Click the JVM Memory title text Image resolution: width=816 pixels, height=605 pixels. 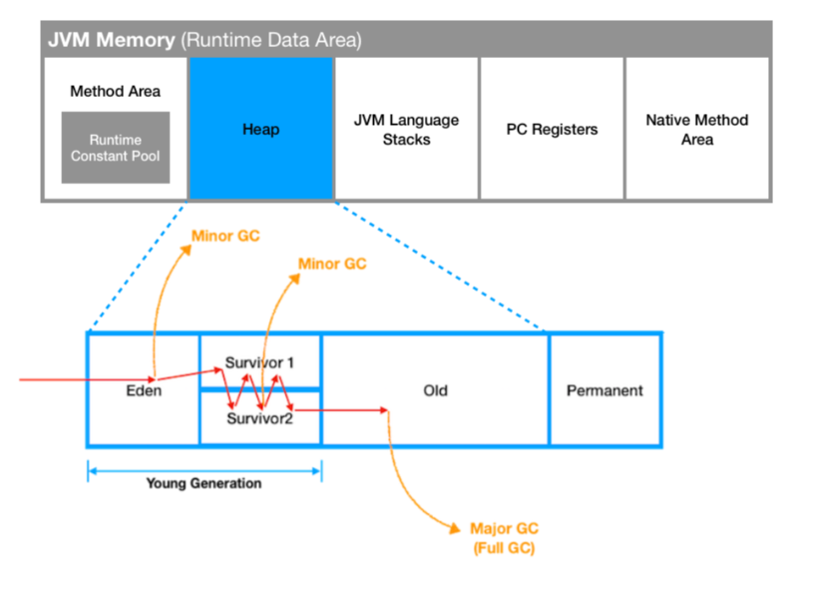(x=110, y=41)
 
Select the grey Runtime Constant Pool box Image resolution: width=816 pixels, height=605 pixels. (x=115, y=148)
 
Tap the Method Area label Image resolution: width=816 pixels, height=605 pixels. (x=115, y=91)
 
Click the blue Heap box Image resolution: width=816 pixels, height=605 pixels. (x=260, y=129)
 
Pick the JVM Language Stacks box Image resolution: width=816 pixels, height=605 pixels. (x=406, y=129)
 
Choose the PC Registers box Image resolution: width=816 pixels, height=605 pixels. (x=552, y=129)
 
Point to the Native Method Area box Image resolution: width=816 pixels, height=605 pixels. (x=696, y=129)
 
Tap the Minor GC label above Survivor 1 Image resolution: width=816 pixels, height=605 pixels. (x=332, y=265)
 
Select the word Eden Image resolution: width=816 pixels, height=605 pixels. (x=145, y=391)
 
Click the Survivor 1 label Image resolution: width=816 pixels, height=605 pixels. (x=259, y=362)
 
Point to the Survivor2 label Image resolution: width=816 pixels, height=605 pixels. (x=259, y=418)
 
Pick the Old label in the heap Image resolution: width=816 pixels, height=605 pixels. (x=435, y=390)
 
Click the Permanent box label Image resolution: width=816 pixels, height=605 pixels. (x=605, y=390)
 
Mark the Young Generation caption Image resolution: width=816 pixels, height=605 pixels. (x=204, y=483)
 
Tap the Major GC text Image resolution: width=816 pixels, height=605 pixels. (x=505, y=528)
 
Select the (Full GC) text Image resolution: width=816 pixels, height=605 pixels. (x=505, y=547)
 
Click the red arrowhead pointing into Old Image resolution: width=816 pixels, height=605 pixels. (x=383, y=409)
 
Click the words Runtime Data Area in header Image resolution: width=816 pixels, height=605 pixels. (x=269, y=41)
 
